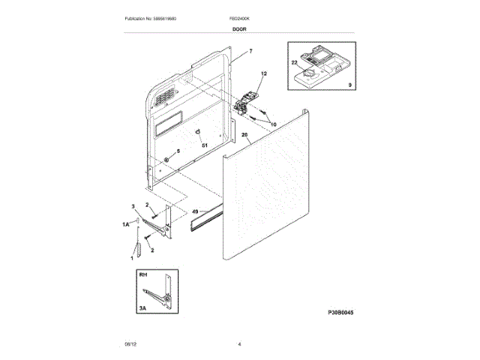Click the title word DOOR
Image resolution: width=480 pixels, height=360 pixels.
pos(239,28)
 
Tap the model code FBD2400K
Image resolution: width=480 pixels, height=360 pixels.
pos(238,17)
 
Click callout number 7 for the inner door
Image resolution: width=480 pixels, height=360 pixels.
pos(251,51)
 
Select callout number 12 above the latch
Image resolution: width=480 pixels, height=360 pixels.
pos(263,74)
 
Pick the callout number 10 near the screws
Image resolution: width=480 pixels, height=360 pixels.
pos(273,124)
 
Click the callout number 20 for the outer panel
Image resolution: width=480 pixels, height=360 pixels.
pos(245,136)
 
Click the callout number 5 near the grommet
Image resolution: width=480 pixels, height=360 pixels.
pos(178,151)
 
